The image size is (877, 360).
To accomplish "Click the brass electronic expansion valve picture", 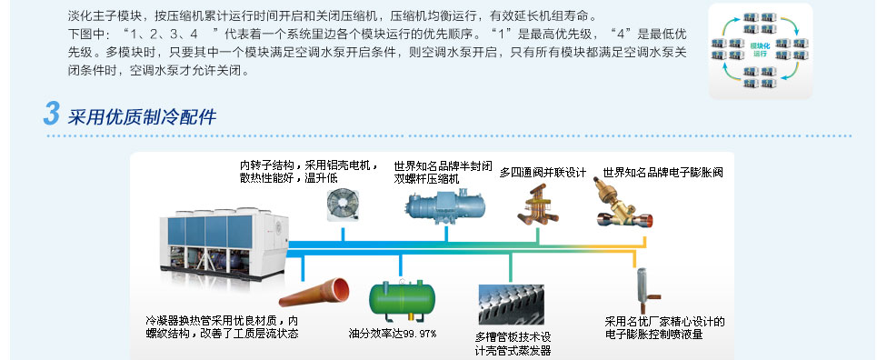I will click(x=623, y=204).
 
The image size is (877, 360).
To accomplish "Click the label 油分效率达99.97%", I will click(x=393, y=334).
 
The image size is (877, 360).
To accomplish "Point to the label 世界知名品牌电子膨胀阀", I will click(x=663, y=173).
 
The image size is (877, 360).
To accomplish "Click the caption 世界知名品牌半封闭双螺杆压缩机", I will click(x=443, y=173).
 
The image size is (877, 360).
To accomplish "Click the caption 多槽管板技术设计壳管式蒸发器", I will click(x=513, y=344).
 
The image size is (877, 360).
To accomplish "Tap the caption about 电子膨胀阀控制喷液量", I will click(x=664, y=327).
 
